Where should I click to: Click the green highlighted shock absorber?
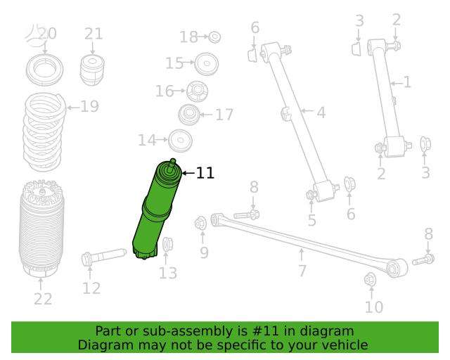click(x=156, y=210)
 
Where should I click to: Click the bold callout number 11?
click(x=205, y=173)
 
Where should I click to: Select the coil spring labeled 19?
click(x=44, y=132)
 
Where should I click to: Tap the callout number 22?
click(x=43, y=299)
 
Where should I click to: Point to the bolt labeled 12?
click(x=104, y=257)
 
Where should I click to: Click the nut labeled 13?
click(x=167, y=244)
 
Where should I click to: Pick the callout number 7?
click(x=302, y=271)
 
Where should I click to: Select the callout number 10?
click(x=374, y=307)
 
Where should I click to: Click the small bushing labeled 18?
click(x=214, y=37)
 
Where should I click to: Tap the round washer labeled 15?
click(x=206, y=63)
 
